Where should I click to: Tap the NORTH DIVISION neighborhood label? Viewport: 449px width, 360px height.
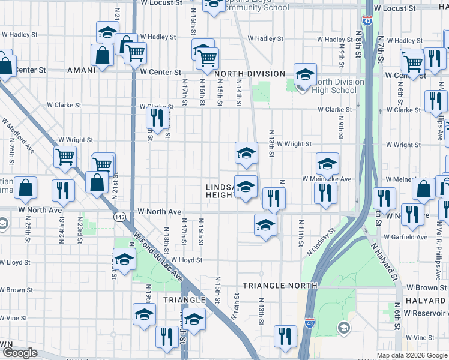(x=249, y=74)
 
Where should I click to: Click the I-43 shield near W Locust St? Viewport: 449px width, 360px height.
(x=367, y=20)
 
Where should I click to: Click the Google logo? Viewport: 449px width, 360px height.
(x=20, y=353)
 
